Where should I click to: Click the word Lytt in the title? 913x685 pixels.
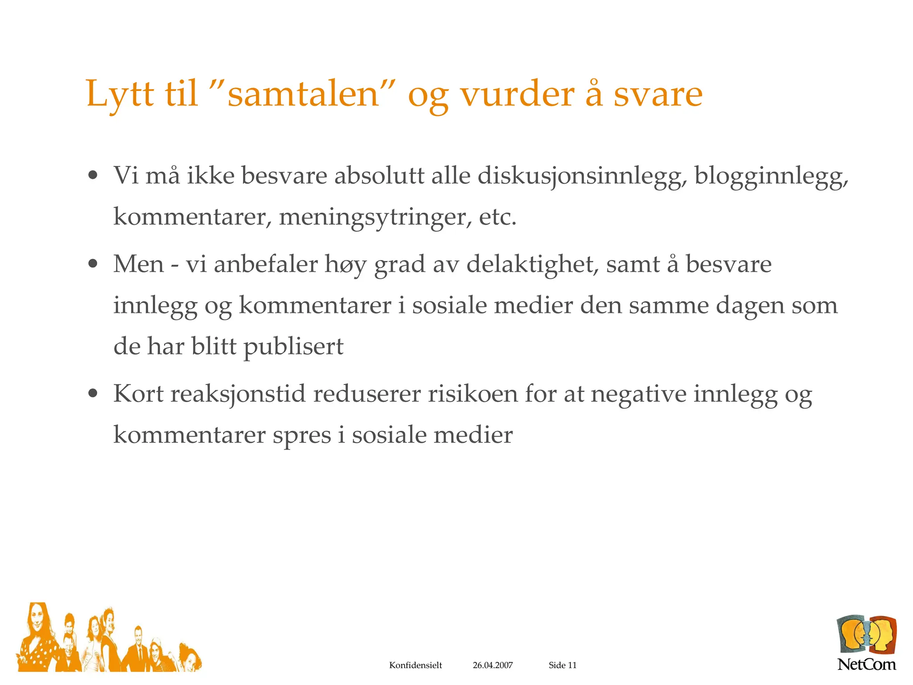click(120, 95)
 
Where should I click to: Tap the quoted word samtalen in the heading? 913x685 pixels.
click(303, 95)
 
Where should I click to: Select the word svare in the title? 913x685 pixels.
click(658, 95)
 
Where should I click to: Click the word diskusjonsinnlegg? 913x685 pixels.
click(580, 176)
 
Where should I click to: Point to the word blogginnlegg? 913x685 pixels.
click(771, 176)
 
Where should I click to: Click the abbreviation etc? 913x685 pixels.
click(498, 217)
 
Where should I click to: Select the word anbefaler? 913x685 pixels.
click(266, 264)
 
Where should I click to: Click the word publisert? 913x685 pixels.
click(293, 347)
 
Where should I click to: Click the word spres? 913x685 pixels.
click(302, 435)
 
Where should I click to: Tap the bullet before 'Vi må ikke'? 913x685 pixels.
click(93, 175)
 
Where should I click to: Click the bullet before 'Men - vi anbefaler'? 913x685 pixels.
click(93, 264)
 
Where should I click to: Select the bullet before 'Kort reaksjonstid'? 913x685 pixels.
click(93, 394)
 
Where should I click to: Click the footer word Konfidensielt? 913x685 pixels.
click(415, 665)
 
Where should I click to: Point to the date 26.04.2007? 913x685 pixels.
click(493, 665)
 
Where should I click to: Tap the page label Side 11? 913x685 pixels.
click(563, 665)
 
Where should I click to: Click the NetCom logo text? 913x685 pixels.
click(866, 664)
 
